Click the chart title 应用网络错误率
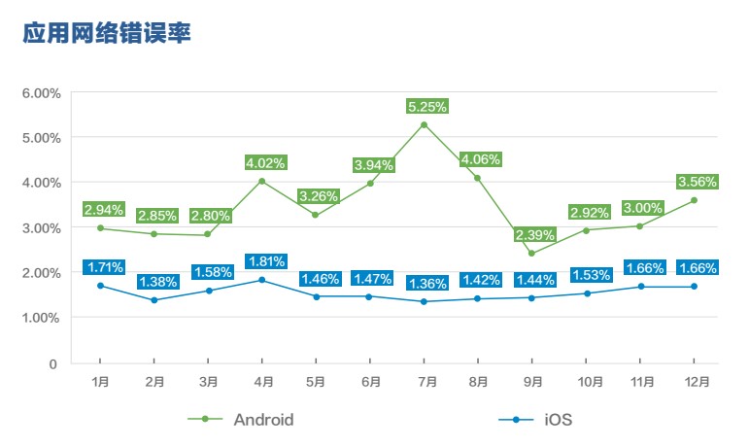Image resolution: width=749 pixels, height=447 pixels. click(x=106, y=34)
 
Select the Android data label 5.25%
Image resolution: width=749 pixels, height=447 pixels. click(x=426, y=106)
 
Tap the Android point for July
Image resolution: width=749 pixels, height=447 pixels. click(x=425, y=124)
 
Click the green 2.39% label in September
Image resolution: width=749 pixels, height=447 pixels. click(x=534, y=234)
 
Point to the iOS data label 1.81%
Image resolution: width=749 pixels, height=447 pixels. click(x=266, y=261)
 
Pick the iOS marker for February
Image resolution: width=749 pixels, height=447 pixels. click(x=153, y=300)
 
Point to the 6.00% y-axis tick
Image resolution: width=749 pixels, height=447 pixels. click(x=41, y=93)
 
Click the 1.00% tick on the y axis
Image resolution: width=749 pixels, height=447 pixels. click(x=41, y=318)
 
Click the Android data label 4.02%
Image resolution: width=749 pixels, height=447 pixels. click(x=266, y=162)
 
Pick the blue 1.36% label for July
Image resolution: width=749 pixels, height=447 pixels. click(x=426, y=284)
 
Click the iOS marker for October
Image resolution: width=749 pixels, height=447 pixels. click(x=587, y=293)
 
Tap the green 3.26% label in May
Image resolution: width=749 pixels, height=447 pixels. click(x=320, y=195)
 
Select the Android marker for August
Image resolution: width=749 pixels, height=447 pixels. click(x=478, y=178)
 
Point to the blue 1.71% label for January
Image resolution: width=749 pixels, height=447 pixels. click(x=103, y=266)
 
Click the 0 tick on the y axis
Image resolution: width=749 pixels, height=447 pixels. click(x=52, y=363)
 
